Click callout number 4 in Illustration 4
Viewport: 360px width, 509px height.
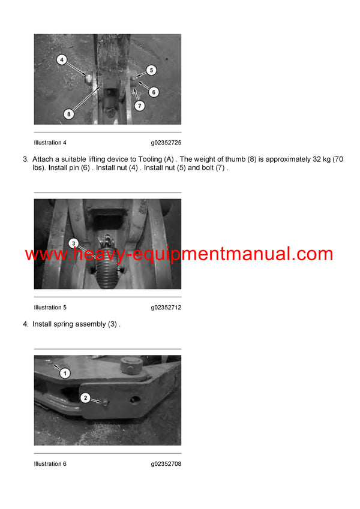(x=62, y=60)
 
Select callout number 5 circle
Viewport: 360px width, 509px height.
(x=151, y=70)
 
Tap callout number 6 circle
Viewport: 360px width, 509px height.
(x=154, y=92)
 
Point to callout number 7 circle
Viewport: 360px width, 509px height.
(x=140, y=106)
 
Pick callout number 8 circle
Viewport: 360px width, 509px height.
(x=69, y=113)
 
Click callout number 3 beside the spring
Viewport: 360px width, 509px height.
(x=73, y=243)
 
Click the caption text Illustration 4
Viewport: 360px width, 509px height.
(x=50, y=143)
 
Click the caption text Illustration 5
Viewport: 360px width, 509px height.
(x=50, y=308)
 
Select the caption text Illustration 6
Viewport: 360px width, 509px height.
(x=50, y=464)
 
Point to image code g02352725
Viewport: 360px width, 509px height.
(x=166, y=143)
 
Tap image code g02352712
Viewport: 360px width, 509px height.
(x=166, y=308)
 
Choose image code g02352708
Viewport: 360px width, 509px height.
(x=166, y=464)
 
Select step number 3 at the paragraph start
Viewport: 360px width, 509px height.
(x=25, y=159)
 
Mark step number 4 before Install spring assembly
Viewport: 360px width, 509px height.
(x=25, y=324)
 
